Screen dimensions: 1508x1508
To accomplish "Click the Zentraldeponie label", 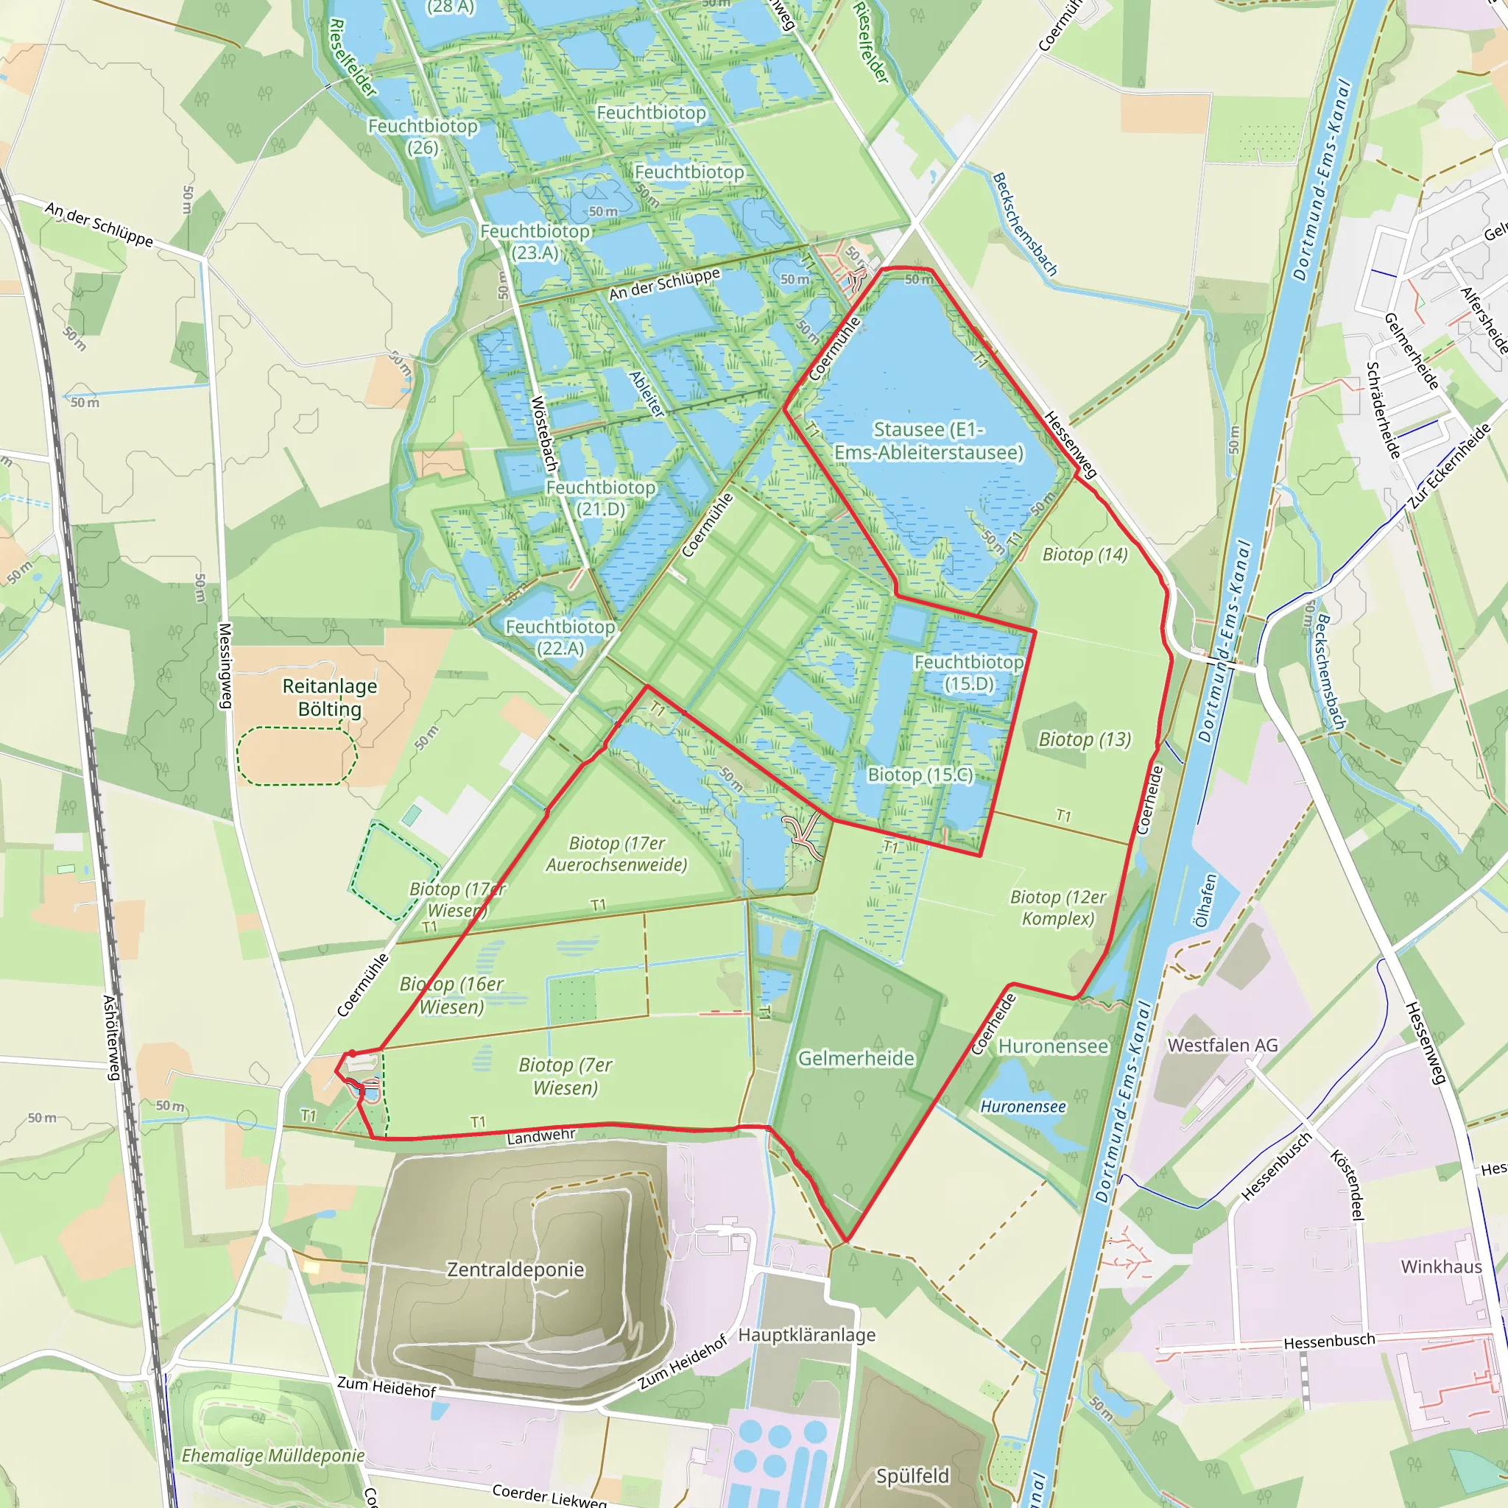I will pos(515,1270).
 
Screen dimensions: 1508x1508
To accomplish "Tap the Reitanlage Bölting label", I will pos(329,698).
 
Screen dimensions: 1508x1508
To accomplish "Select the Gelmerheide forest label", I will pos(856,1058).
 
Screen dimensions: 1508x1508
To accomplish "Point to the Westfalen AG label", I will pos(1222,1045).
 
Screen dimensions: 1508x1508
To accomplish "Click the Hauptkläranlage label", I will pos(806,1335).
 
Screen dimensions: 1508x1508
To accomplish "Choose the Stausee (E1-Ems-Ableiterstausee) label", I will pos(928,441).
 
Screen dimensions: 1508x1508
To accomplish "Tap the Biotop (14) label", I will pos(1085,554).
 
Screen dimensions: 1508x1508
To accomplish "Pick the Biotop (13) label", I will pos(1084,739).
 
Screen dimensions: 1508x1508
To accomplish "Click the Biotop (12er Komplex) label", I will pos(1057,908).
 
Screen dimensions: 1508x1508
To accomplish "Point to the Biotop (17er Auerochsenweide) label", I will pos(616,854).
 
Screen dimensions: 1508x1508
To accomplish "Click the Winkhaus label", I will pos(1441,1266).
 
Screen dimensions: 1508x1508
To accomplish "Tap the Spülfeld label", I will pos(912,1475).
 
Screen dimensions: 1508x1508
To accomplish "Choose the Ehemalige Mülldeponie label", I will pos(273,1456).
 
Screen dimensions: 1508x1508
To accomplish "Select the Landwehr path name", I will pos(541,1136).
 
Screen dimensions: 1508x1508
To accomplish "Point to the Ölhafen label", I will pos(1206,901).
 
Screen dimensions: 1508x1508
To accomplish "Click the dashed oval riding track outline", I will pos(297,755).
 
